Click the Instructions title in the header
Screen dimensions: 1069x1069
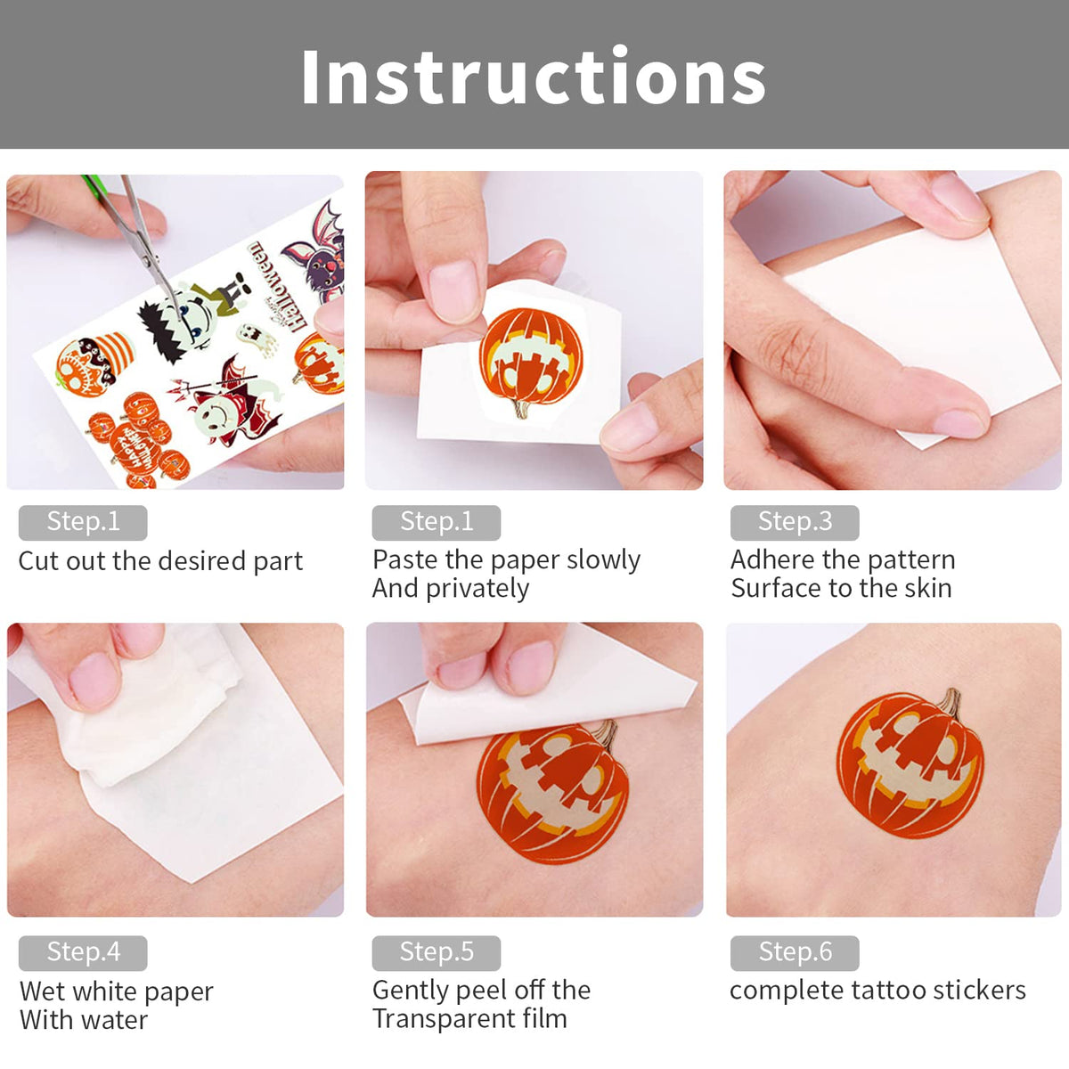click(x=533, y=78)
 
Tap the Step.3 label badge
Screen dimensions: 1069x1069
click(x=795, y=522)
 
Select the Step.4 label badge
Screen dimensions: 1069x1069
click(x=83, y=952)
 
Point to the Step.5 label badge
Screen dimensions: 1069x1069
click(x=437, y=952)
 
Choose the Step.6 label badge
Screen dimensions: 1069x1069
click(x=795, y=952)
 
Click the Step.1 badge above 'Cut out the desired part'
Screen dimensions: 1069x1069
click(x=83, y=522)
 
